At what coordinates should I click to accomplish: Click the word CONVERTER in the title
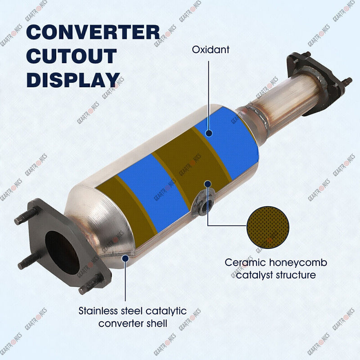(x=93, y=32)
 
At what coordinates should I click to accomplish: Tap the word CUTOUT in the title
(x=72, y=56)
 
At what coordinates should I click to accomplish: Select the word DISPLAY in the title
(x=73, y=80)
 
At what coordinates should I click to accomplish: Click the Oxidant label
(x=211, y=50)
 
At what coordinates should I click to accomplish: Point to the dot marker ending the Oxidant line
(x=209, y=133)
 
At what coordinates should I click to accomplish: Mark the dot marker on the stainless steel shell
(x=125, y=258)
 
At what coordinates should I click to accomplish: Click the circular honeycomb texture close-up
(x=268, y=227)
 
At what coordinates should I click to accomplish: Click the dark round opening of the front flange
(x=62, y=252)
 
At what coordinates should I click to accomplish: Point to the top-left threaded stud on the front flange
(x=26, y=216)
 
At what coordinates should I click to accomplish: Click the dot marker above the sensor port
(x=208, y=184)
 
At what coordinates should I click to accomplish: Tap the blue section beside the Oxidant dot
(x=227, y=142)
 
